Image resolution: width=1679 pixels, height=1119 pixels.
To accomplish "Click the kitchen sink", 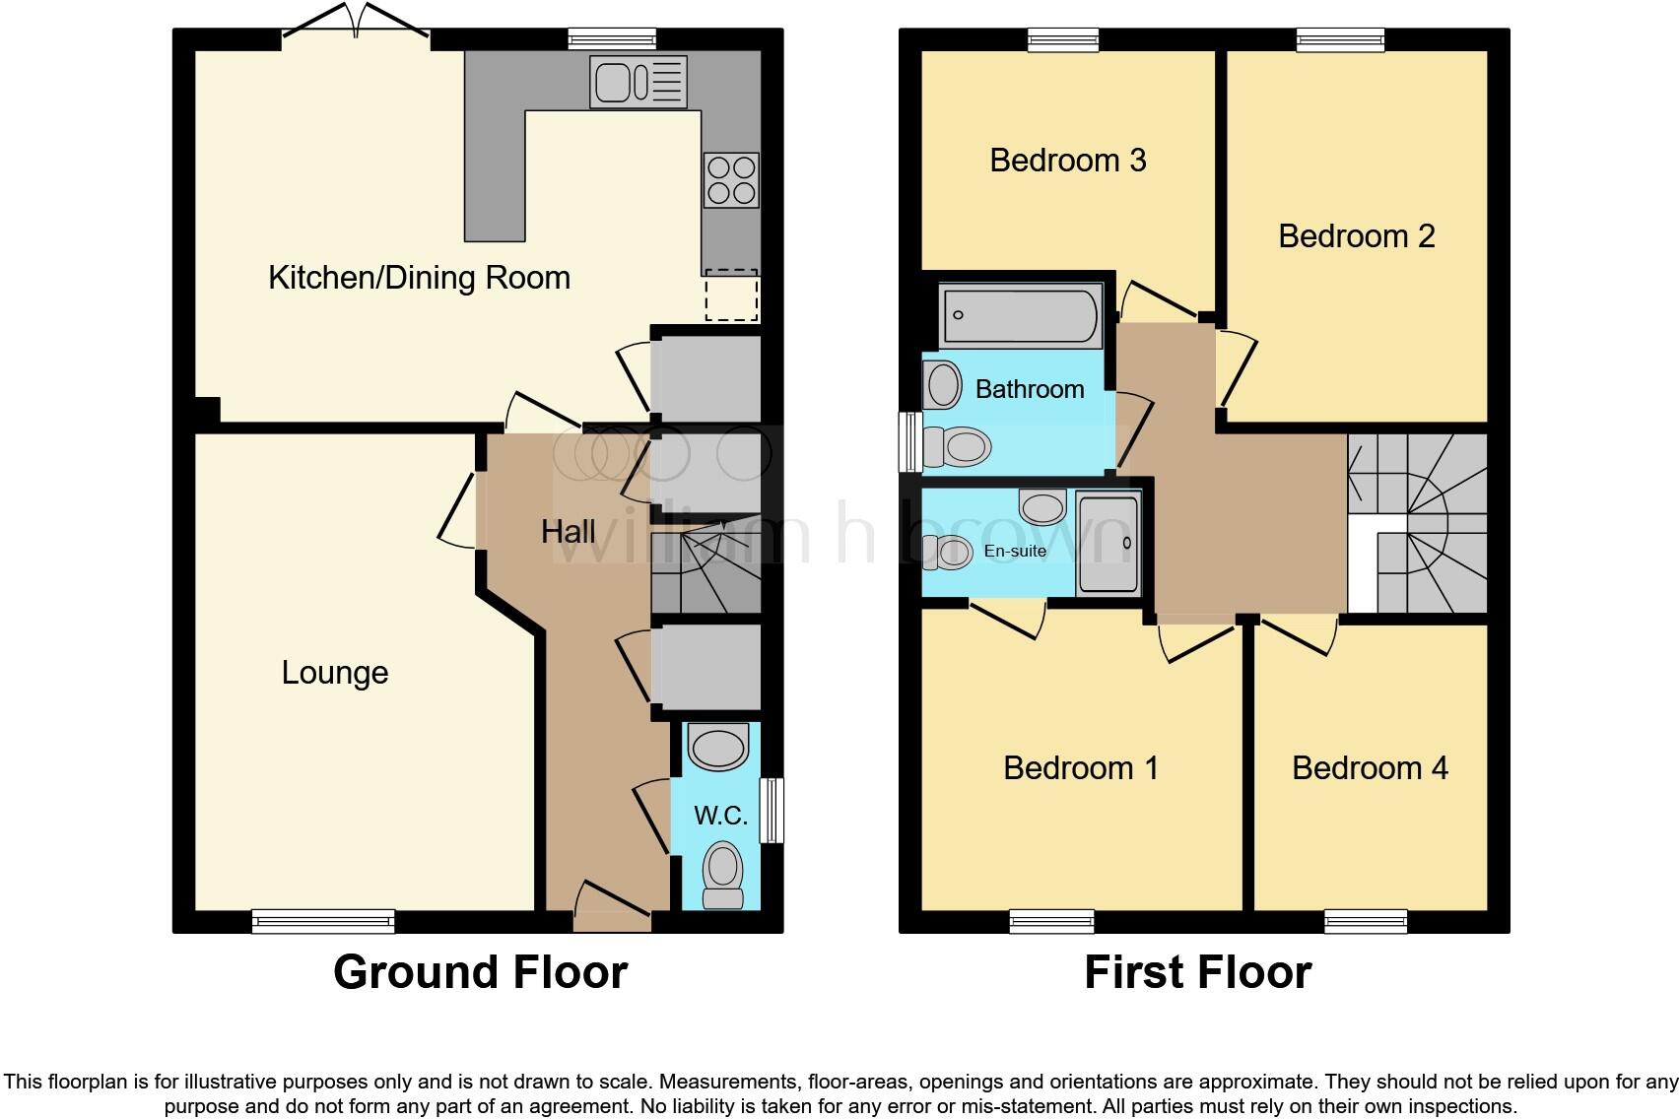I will coord(638,81).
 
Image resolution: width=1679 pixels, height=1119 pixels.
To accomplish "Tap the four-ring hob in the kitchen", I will coord(731,180).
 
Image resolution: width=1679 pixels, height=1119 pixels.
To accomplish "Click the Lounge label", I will coord(335,673).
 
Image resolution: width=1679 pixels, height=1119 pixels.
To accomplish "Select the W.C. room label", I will coord(720,816).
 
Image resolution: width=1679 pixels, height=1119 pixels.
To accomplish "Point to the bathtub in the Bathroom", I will coord(1020,315).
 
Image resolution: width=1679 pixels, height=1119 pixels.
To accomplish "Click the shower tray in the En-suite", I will coord(1108,544).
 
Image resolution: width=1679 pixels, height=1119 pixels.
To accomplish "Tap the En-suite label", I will coord(1015,551).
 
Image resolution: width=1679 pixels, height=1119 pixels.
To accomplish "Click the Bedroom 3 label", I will coord(1068,161).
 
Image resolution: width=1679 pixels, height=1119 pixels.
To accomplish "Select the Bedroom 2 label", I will coord(1356,236).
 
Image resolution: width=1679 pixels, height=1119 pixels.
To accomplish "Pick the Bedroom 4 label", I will coord(1370,768).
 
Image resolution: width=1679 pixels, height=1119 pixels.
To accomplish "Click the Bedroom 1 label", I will coord(1081,768).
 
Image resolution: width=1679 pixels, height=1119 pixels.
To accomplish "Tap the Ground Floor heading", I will coord(480,972).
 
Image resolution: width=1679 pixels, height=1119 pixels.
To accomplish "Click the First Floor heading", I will coord(1197,972).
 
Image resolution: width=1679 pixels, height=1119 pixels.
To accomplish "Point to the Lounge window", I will coord(323,921).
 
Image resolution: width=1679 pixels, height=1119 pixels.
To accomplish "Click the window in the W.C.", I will coord(773,811).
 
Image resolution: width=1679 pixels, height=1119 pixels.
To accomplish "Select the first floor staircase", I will coord(1419,524).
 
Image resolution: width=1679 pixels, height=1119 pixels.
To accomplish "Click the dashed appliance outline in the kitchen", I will coord(731,296).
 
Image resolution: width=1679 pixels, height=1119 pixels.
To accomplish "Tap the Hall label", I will coord(568,532).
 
